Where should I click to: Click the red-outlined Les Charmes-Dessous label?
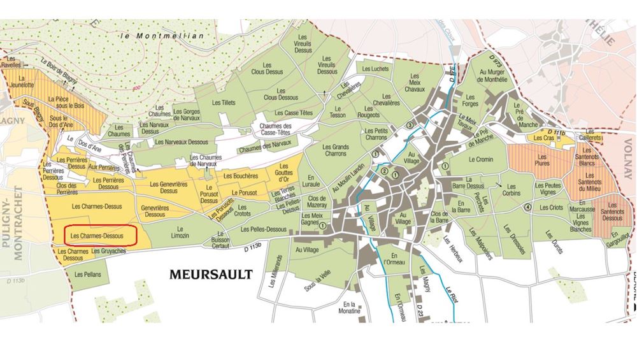pyautogui.click(x=101, y=235)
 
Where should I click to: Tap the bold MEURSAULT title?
pyautogui.click(x=211, y=275)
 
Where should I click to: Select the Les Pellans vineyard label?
pyautogui.click(x=87, y=275)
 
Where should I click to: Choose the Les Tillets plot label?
pyautogui.click(x=224, y=103)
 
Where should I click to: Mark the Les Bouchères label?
pyautogui.click(x=241, y=175)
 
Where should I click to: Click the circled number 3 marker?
pyautogui.click(x=410, y=124)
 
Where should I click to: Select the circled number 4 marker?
pyautogui.click(x=527, y=208)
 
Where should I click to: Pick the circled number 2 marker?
pyautogui.click(x=384, y=171)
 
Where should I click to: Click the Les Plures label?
pyautogui.click(x=543, y=160)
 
